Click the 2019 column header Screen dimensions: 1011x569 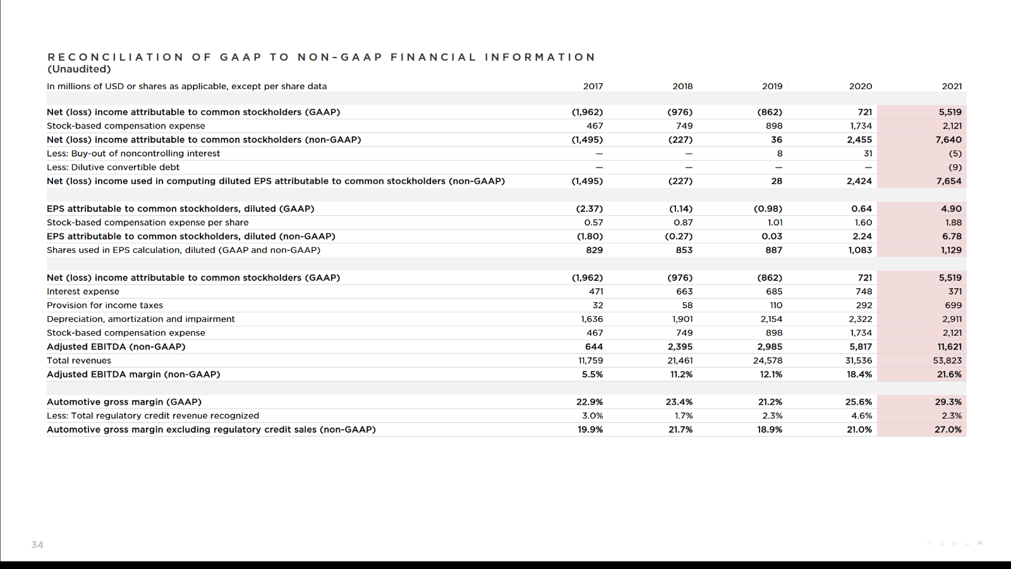click(772, 86)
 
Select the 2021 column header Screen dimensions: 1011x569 click(952, 86)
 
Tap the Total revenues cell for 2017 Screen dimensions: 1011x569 click(590, 360)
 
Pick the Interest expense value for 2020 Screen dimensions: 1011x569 click(863, 291)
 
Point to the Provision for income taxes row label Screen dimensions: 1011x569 click(105, 305)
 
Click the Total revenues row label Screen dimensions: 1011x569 click(79, 360)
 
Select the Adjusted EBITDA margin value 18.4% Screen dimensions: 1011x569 click(859, 374)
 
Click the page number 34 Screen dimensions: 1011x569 click(37, 544)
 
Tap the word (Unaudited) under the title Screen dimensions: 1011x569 click(79, 69)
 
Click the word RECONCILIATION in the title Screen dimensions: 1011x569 click(115, 57)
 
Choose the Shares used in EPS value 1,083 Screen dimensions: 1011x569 click(860, 250)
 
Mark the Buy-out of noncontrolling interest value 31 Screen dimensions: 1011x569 click(868, 154)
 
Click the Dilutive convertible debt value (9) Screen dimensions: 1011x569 click(955, 168)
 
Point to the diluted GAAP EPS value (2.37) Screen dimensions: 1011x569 click(590, 209)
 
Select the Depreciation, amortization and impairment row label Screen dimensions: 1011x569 click(141, 319)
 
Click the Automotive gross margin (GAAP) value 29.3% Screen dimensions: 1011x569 click(948, 402)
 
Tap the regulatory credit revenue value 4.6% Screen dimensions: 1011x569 click(861, 416)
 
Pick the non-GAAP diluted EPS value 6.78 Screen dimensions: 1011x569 click(952, 236)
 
